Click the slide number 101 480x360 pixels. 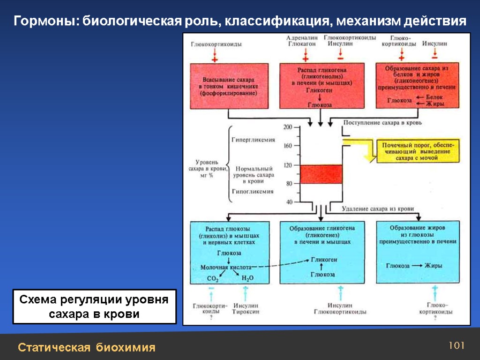pyautogui.click(x=456, y=346)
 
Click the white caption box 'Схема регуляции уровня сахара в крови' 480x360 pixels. pyautogui.click(x=94, y=307)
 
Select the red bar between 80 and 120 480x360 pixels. pyautogui.click(x=321, y=174)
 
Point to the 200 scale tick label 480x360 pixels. pyautogui.click(x=287, y=127)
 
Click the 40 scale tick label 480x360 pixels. pyautogui.click(x=289, y=202)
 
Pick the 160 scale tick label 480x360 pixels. pyautogui.click(x=287, y=146)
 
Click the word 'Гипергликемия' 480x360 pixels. pyautogui.click(x=253, y=140)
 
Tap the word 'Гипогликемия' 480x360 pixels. pyautogui.click(x=253, y=191)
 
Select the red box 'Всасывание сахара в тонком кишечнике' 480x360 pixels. pyautogui.click(x=229, y=87)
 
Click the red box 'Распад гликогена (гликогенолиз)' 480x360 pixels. pyautogui.click(x=321, y=87)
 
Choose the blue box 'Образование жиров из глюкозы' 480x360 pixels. pyautogui.click(x=418, y=252)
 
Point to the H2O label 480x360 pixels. pyautogui.click(x=247, y=278)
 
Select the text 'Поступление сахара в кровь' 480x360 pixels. pyautogui.click(x=383, y=123)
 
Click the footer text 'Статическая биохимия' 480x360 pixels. pyautogui.click(x=87, y=348)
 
